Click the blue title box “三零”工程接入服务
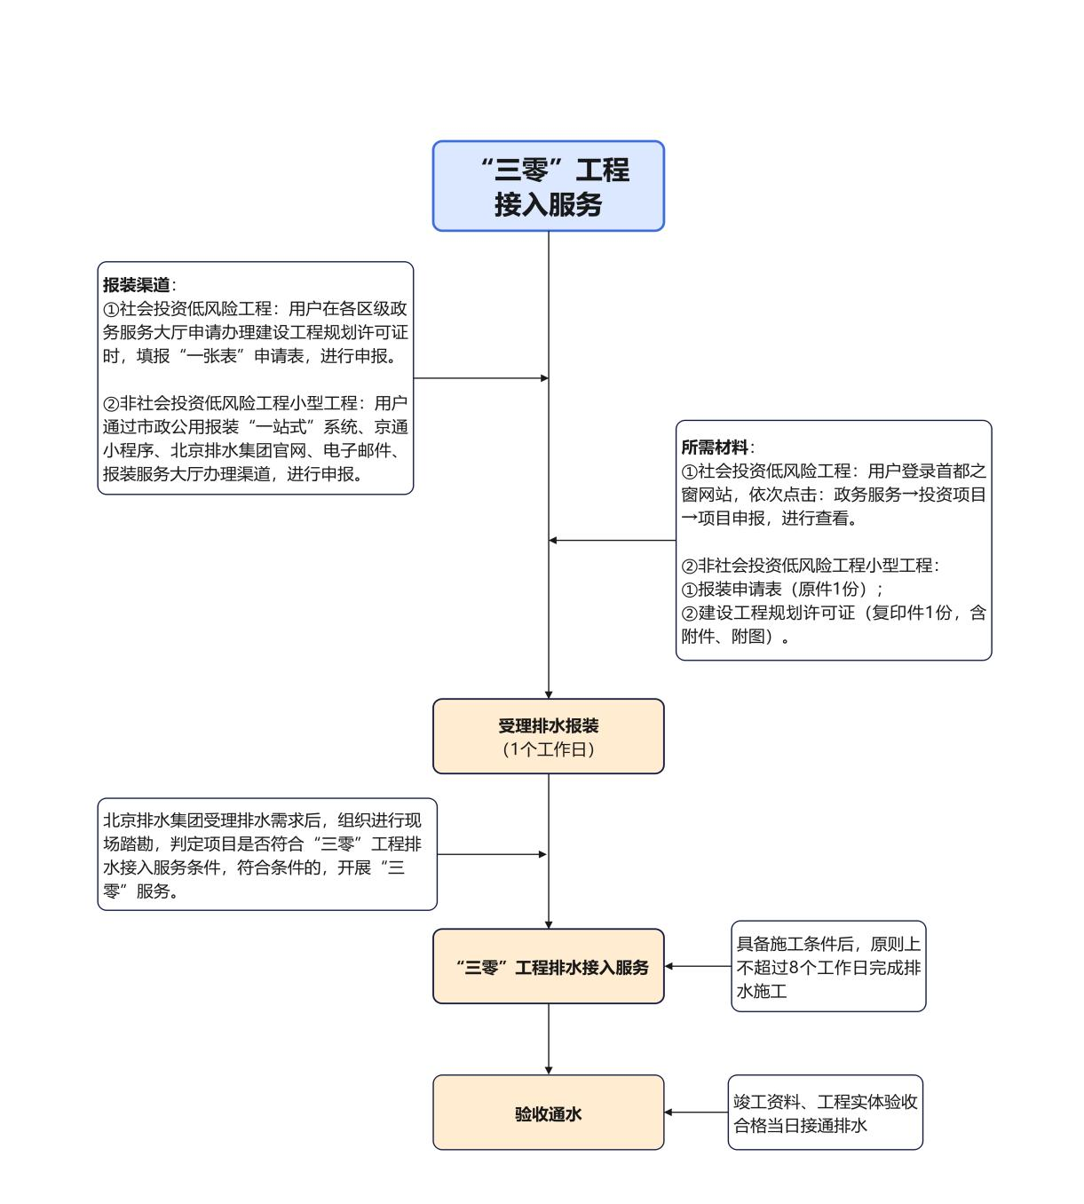click(548, 186)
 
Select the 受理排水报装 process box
click(548, 736)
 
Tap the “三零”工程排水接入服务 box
click(548, 967)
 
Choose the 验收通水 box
click(548, 1113)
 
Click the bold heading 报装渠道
click(136, 285)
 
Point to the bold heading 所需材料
click(715, 448)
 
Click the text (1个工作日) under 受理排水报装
click(548, 749)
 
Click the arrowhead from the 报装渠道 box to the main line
click(544, 378)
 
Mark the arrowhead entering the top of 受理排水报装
click(549, 693)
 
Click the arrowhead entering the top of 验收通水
click(549, 1070)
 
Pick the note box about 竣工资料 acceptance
click(825, 1113)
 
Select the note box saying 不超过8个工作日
click(827, 967)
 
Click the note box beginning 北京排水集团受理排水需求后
click(266, 854)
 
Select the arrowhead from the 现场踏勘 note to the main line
click(542, 854)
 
